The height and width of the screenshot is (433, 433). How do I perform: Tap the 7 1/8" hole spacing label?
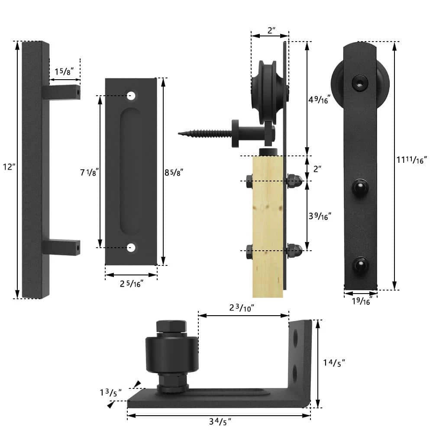coord(90,172)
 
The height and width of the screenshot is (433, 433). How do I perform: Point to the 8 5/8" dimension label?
coord(174,172)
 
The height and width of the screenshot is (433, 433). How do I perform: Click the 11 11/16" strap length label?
coord(412,160)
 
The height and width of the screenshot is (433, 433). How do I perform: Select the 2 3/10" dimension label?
coord(241,308)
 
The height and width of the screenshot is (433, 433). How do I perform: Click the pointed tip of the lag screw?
coord(179,133)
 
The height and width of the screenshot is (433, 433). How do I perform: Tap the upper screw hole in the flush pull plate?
coord(131,95)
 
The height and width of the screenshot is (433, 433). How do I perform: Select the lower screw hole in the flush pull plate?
coord(131,248)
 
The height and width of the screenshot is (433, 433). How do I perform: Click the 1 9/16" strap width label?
coord(361,301)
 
